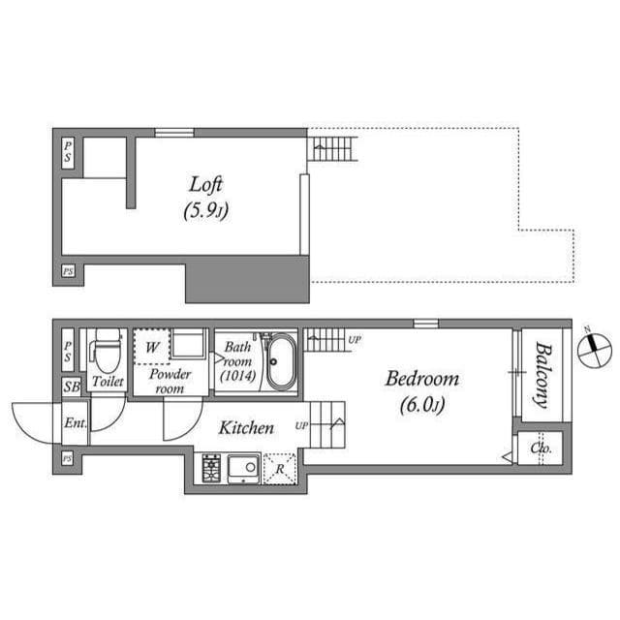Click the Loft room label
pos(207,183)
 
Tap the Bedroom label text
pos(421,378)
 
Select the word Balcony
pos(542,375)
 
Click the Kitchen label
pos(245,427)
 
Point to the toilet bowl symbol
pos(107,348)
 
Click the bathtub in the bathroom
pos(282,361)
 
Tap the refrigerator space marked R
pos(280,468)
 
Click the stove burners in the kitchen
pos(212,468)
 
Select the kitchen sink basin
pos(244,468)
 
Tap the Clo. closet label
pos(541,449)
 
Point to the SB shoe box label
pos(71,386)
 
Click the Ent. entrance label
pos(75,423)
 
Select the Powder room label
pos(170,381)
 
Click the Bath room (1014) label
pos(237,360)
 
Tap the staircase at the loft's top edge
pos(332,149)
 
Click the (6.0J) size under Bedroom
pos(422,405)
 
